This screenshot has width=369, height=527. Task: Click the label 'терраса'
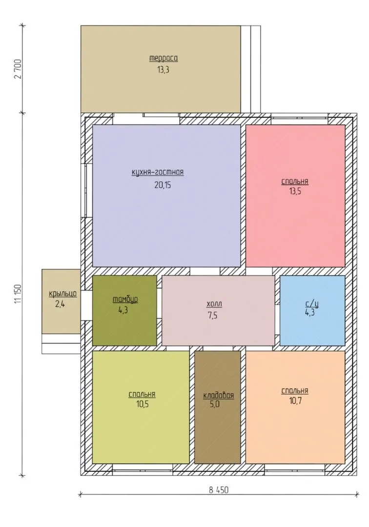click(x=164, y=58)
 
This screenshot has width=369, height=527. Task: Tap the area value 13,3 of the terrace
click(x=163, y=70)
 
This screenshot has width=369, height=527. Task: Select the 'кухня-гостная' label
click(x=158, y=172)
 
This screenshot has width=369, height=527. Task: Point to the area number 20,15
click(x=163, y=185)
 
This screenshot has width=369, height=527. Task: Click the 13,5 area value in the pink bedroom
click(x=295, y=191)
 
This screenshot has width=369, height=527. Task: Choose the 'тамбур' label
click(x=125, y=299)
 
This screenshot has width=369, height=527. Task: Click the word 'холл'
click(x=214, y=304)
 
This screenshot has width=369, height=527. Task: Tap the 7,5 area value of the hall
click(x=213, y=316)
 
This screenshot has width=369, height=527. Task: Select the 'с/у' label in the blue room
click(x=312, y=304)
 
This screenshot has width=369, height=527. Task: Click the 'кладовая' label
click(x=219, y=395)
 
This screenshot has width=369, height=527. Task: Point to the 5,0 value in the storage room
click(x=215, y=404)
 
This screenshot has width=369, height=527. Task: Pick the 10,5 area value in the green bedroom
click(x=142, y=404)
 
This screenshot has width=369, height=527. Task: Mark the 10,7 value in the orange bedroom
click(x=295, y=401)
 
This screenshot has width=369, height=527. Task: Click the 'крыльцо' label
click(x=63, y=294)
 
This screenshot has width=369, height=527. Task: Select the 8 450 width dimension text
click(x=219, y=490)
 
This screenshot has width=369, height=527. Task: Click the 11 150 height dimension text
click(x=18, y=294)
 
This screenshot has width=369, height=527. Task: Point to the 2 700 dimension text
click(x=18, y=69)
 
